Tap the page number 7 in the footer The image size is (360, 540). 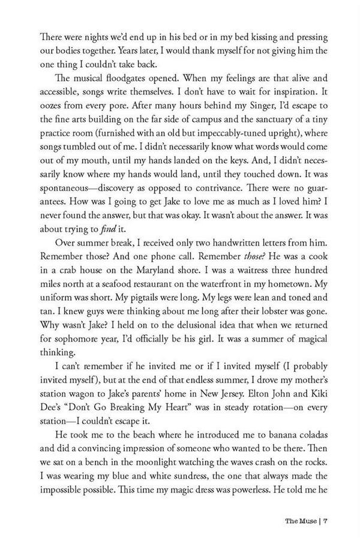(x=325, y=520)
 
